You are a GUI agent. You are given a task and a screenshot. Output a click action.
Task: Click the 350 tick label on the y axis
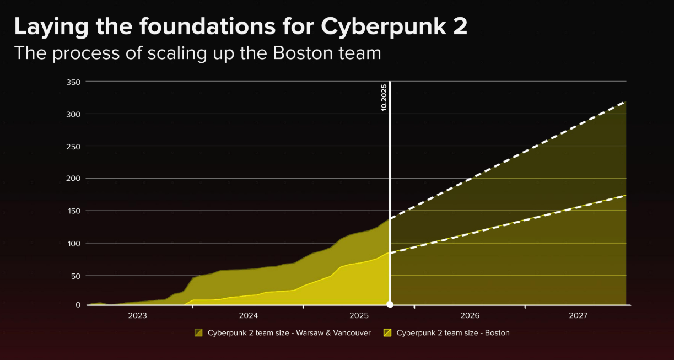pyautogui.click(x=74, y=82)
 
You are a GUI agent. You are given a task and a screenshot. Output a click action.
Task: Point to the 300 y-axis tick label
pyautogui.click(x=74, y=114)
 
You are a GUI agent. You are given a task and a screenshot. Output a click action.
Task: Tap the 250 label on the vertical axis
pyautogui.click(x=74, y=146)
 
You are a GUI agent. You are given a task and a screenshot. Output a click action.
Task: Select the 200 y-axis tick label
pyautogui.click(x=74, y=179)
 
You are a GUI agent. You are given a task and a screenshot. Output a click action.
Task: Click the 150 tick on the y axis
pyautogui.click(x=74, y=211)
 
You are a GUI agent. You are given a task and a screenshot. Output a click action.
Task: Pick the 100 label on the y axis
pyautogui.click(x=74, y=243)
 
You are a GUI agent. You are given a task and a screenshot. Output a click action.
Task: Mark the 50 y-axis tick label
pyautogui.click(x=76, y=275)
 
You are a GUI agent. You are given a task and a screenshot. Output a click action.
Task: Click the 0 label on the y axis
pyautogui.click(x=78, y=305)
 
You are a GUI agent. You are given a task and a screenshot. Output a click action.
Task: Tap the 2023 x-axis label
pyautogui.click(x=137, y=316)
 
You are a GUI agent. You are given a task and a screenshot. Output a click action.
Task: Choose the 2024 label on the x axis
pyautogui.click(x=249, y=316)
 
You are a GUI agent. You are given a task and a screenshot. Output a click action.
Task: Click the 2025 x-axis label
pyautogui.click(x=359, y=316)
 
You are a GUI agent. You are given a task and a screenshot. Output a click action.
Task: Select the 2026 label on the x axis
pyautogui.click(x=470, y=316)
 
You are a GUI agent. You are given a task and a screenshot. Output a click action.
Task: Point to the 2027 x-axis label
pyautogui.click(x=578, y=316)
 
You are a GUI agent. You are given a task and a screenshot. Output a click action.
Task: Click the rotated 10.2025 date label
pyautogui.click(x=384, y=98)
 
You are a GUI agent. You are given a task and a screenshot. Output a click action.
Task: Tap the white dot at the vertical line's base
pyautogui.click(x=390, y=304)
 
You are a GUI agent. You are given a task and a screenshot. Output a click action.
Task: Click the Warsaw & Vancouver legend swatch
pyautogui.click(x=199, y=332)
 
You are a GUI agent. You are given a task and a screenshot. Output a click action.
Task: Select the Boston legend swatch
pyautogui.click(x=387, y=332)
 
